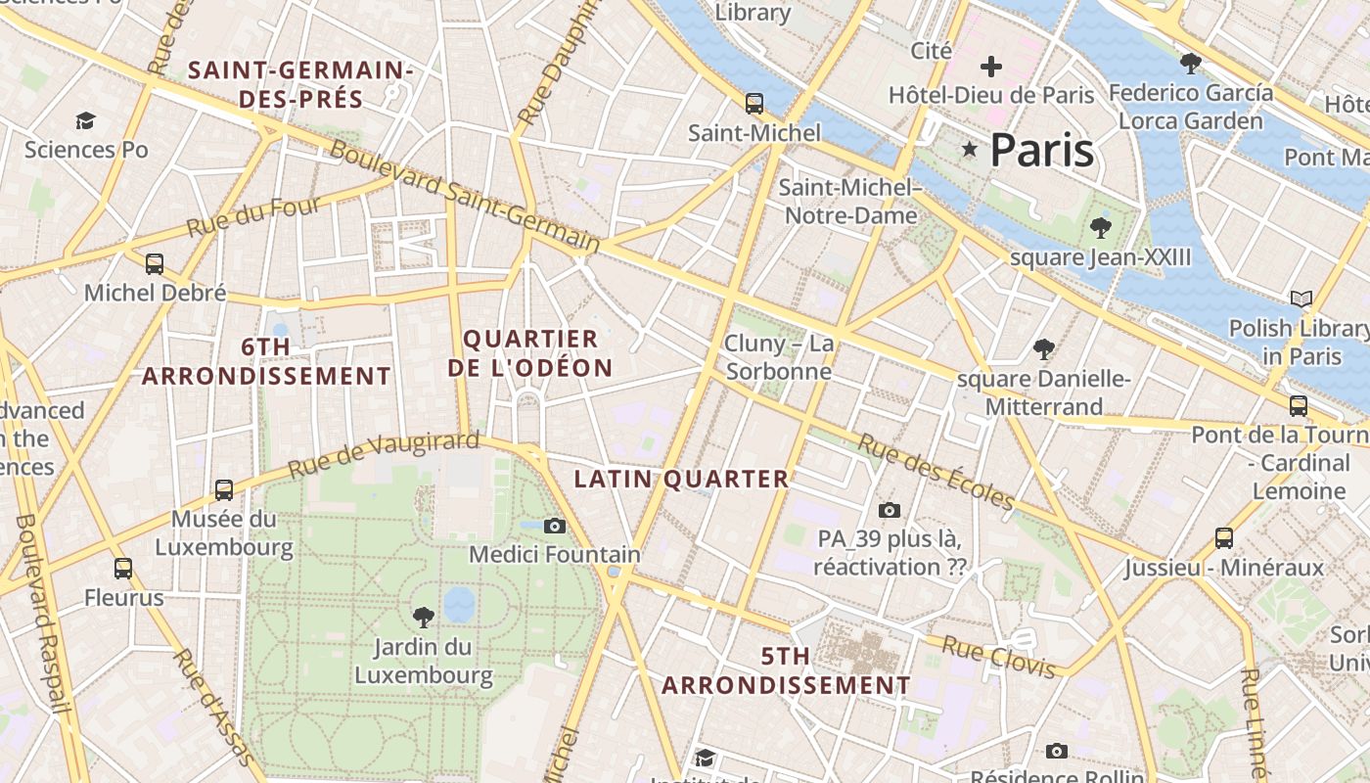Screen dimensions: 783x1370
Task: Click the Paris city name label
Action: coord(1041,151)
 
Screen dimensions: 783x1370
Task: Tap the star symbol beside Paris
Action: coord(970,149)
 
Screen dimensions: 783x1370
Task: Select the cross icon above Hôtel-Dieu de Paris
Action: coord(991,67)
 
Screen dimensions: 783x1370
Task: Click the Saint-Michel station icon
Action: coord(753,104)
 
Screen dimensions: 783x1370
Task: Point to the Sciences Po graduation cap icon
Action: coord(86,120)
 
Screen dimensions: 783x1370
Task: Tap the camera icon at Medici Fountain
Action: coord(555,526)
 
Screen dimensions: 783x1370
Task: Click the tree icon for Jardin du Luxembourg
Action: coord(424,617)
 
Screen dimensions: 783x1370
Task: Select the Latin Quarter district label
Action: coord(681,479)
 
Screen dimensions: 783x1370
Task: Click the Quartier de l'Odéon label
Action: coord(530,353)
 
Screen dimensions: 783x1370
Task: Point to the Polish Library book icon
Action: coord(1301,299)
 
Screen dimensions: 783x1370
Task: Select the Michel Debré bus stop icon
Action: coord(155,263)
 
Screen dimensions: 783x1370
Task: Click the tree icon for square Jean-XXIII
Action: coord(1101,228)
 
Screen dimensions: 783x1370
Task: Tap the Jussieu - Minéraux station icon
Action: coord(1223,537)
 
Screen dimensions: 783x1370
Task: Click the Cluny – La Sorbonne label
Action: coord(779,357)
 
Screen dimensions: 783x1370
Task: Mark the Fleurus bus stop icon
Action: coord(123,568)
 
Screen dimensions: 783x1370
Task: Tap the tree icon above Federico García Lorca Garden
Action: coord(1191,64)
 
